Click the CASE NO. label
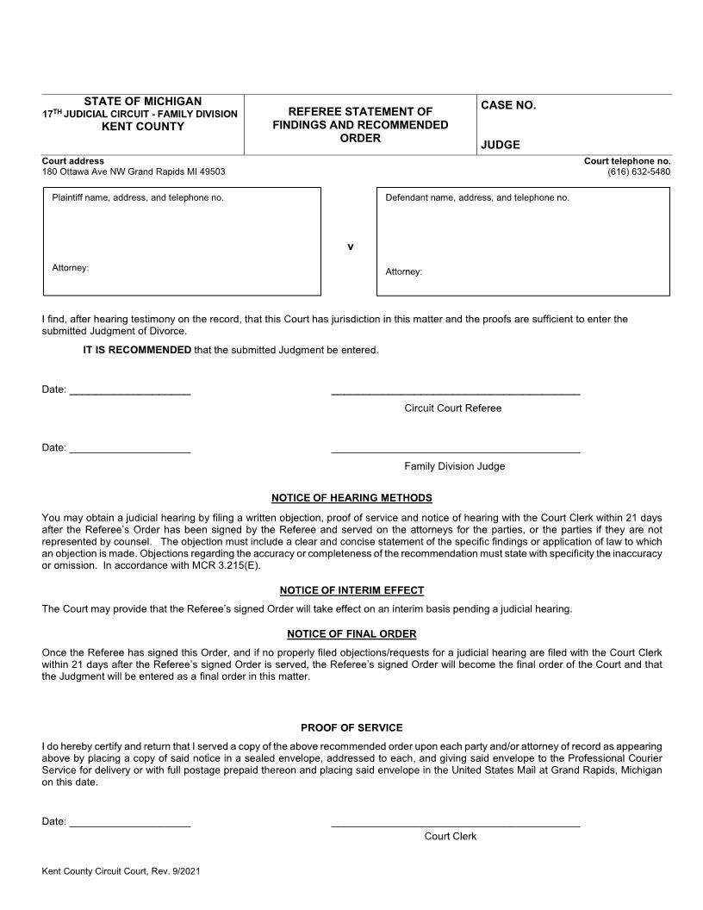(508, 105)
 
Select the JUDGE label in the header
(501, 146)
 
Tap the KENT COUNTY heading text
(143, 127)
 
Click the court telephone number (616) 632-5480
(638, 171)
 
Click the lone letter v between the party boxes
(351, 247)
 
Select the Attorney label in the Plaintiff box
(71, 268)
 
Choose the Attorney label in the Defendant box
(404, 271)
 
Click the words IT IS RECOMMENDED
(137, 350)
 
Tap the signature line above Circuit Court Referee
(455, 394)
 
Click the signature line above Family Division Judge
(455, 452)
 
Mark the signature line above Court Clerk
(455, 826)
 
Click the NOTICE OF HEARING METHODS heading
(351, 498)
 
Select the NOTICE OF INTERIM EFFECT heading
(351, 590)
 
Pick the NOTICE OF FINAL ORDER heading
(351, 634)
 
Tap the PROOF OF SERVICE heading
(351, 728)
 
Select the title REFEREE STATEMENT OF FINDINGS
(360, 118)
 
